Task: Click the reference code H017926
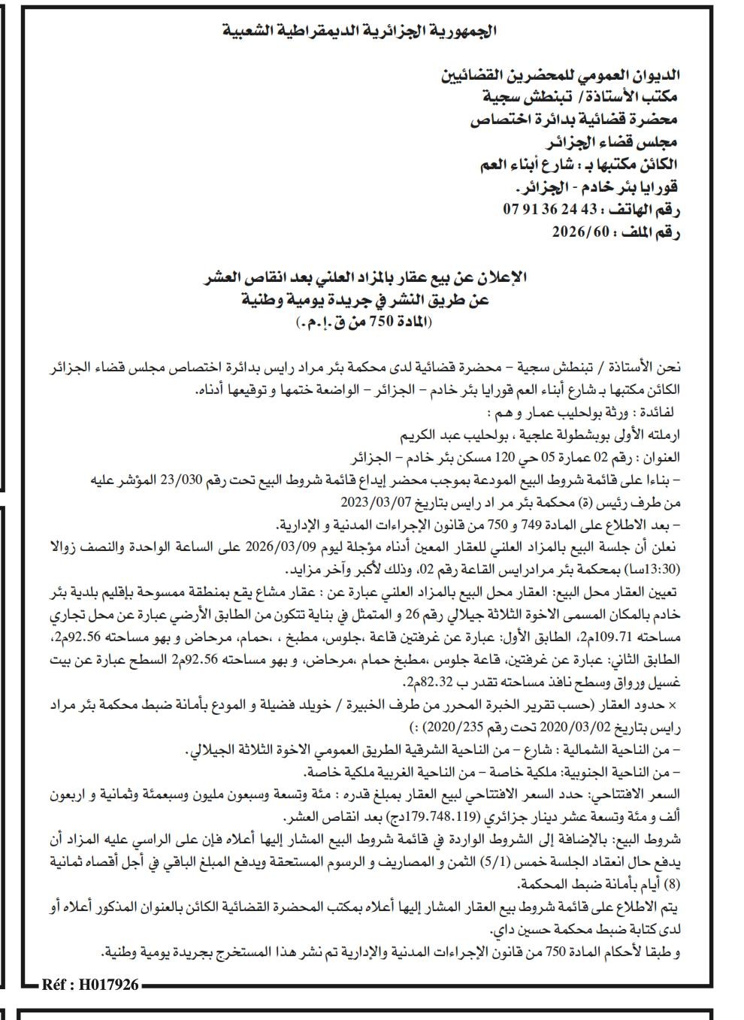(x=90, y=984)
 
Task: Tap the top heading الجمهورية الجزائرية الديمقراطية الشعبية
(x=361, y=32)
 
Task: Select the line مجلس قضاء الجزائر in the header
(x=609, y=141)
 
